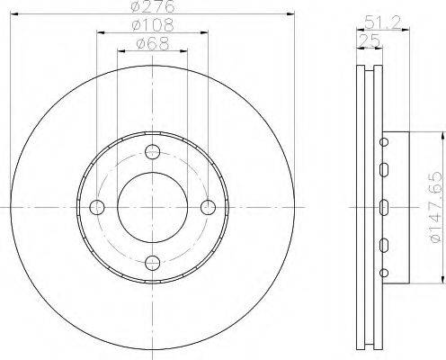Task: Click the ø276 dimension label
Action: click(x=153, y=6)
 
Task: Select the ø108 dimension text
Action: click(x=153, y=24)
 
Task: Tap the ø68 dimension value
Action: click(x=153, y=43)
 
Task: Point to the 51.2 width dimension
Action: click(x=383, y=22)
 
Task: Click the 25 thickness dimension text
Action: click(x=370, y=40)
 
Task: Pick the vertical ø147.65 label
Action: click(x=435, y=207)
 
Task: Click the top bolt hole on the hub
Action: click(x=153, y=152)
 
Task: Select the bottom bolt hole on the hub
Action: click(x=153, y=263)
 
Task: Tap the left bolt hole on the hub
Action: click(x=97, y=207)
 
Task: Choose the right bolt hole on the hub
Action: click(x=208, y=207)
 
